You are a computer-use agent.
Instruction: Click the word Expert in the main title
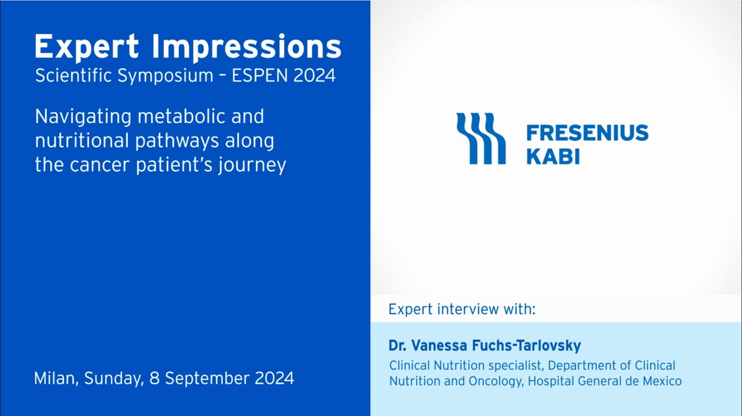[x=87, y=48]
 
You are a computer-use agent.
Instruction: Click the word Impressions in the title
[x=247, y=48]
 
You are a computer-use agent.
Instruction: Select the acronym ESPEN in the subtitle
[x=260, y=75]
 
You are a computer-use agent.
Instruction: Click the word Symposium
[x=165, y=76]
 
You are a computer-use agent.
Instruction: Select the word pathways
[x=177, y=141]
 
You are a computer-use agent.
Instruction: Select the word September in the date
[x=207, y=379]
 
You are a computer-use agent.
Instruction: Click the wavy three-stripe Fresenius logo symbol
[x=481, y=138]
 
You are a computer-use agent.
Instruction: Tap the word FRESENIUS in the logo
[x=587, y=133]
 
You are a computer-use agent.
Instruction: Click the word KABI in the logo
[x=553, y=156]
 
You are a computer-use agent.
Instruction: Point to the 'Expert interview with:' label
[x=462, y=309]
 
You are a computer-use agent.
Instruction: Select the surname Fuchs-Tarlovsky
[x=526, y=345]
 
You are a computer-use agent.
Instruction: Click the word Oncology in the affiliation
[x=495, y=381]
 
